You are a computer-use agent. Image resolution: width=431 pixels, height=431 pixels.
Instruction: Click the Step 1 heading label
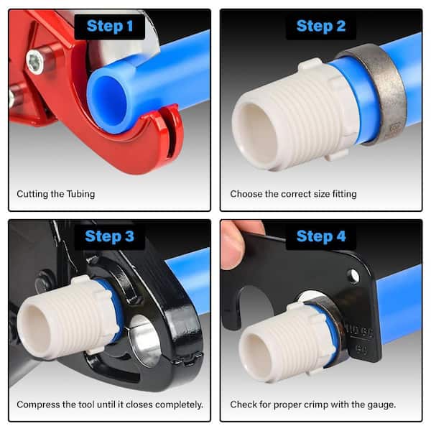[x=110, y=27]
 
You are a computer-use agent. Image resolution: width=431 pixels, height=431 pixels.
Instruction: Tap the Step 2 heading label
[x=321, y=27]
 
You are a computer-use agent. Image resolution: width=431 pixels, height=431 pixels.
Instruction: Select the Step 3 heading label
[x=110, y=236]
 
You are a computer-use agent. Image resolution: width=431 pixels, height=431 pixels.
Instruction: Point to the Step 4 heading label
[x=321, y=236]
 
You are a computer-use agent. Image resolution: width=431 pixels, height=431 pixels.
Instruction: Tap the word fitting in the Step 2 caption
[x=344, y=194]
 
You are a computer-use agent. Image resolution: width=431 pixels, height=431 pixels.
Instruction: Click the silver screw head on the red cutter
[x=35, y=62]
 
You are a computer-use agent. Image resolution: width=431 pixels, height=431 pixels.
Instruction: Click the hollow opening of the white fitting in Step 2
[x=258, y=135]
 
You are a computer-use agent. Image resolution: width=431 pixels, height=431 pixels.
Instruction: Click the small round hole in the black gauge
[x=353, y=275]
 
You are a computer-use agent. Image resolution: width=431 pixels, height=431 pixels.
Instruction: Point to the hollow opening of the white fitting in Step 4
[x=254, y=354]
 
